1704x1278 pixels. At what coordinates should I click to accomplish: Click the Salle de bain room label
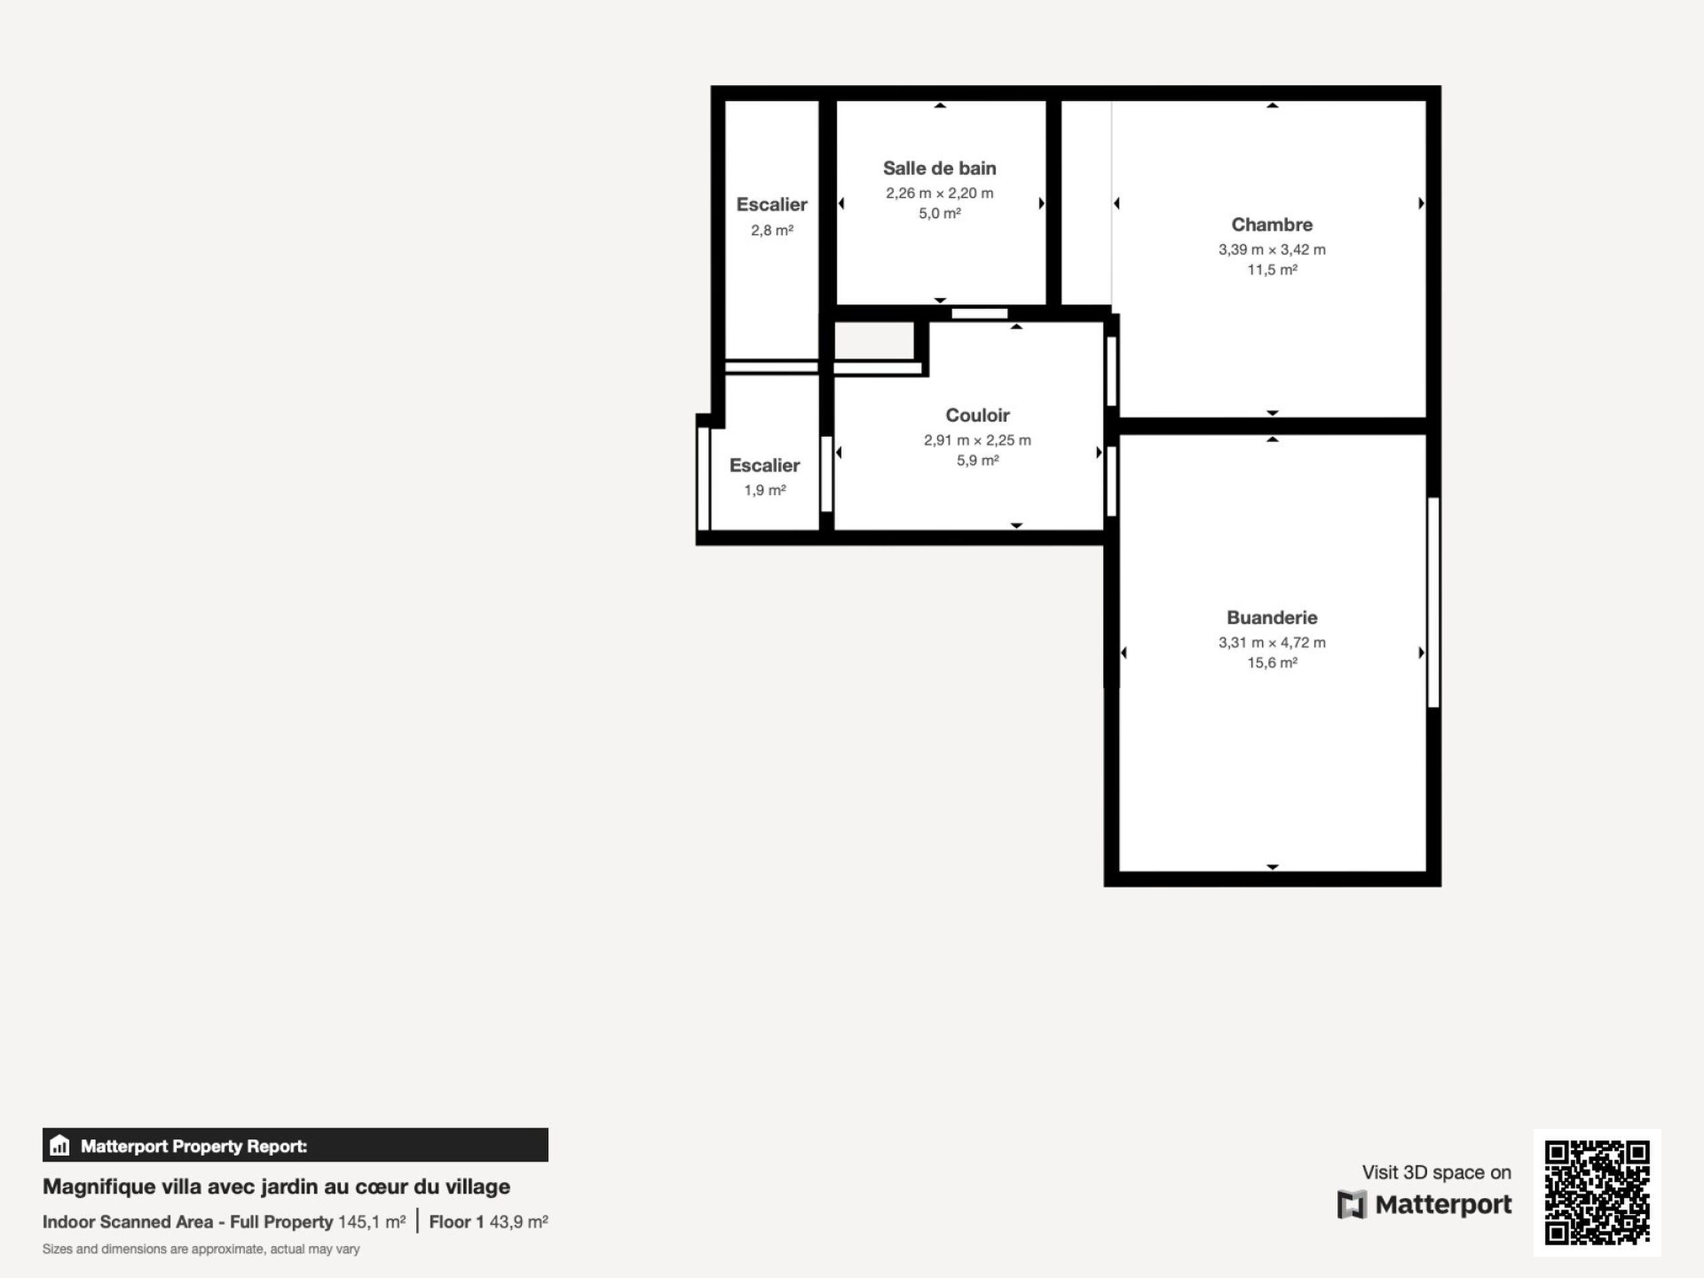tap(939, 168)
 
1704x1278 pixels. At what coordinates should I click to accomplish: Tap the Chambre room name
tap(1272, 224)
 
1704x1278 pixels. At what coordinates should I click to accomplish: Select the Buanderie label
tap(1272, 617)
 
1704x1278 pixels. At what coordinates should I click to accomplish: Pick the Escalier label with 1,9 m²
tap(765, 465)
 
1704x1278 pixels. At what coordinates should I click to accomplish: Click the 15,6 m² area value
tap(1272, 662)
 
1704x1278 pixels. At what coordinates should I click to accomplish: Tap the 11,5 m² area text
tap(1272, 270)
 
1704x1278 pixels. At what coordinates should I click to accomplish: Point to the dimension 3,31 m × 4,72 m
tap(1272, 642)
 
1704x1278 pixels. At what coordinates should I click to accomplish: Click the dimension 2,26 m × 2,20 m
tap(939, 192)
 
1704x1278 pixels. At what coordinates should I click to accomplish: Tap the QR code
tap(1597, 1193)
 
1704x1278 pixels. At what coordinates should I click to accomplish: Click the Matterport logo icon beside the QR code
tap(1352, 1205)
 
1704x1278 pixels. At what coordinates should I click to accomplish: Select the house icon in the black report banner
tap(59, 1146)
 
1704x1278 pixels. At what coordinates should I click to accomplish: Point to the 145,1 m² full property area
tap(371, 1222)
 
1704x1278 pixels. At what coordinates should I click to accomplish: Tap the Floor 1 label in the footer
tap(456, 1222)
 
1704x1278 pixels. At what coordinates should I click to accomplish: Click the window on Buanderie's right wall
tap(1434, 602)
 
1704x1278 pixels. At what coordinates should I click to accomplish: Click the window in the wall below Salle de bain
tap(980, 314)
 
